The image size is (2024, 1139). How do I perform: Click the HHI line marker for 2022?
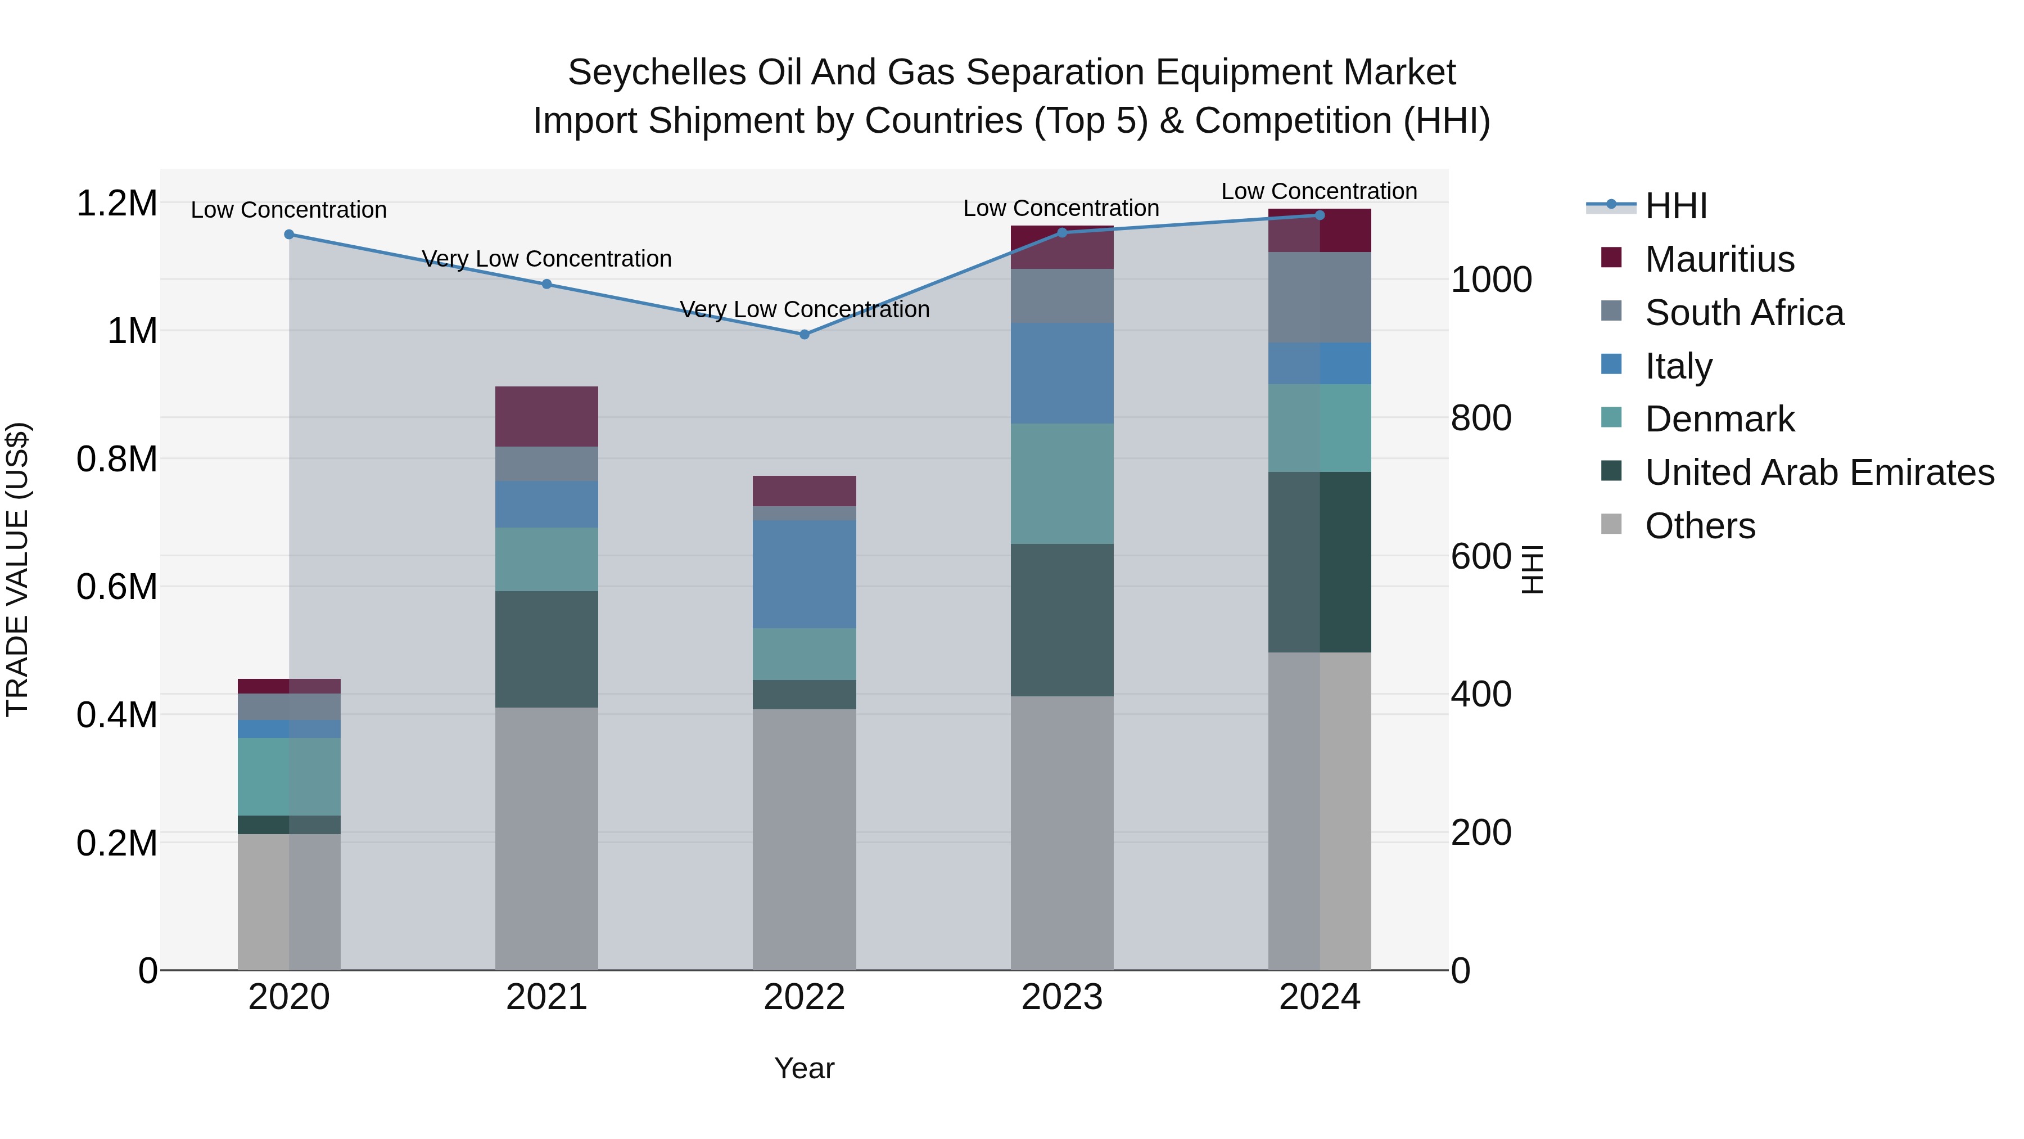(x=804, y=335)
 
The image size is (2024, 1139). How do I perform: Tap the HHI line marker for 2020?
(x=289, y=234)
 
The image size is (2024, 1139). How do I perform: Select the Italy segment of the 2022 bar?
(x=804, y=574)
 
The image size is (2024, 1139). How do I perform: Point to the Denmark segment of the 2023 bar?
(x=1061, y=483)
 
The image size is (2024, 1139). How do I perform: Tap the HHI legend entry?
(x=1675, y=206)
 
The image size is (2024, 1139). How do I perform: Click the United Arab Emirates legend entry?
(x=1818, y=472)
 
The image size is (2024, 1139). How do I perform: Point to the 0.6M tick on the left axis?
(x=117, y=587)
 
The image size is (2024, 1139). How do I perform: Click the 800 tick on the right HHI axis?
(x=1480, y=418)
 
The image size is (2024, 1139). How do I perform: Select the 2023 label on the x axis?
(x=1061, y=997)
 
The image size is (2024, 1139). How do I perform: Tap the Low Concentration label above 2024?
(x=1318, y=191)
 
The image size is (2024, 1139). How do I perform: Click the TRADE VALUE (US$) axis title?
(x=17, y=569)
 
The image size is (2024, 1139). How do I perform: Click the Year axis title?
(x=804, y=1068)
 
